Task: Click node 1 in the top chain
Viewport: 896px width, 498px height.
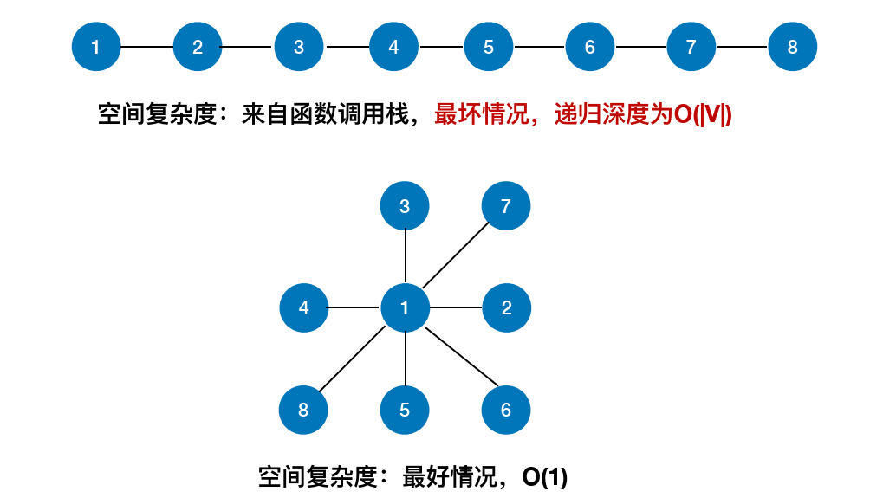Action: tap(95, 47)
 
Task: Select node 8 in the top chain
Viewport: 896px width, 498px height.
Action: tap(792, 47)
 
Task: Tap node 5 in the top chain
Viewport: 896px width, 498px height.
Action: tap(488, 47)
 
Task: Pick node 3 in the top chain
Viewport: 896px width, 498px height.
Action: tap(299, 47)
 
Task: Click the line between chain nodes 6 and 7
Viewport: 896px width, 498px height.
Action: tap(640, 47)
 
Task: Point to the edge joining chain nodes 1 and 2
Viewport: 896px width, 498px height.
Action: tap(146, 47)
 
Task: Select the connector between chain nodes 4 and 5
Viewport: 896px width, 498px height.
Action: tap(441, 47)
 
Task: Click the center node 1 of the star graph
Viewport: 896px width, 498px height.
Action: tap(405, 307)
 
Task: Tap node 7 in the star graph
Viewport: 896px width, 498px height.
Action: tap(506, 206)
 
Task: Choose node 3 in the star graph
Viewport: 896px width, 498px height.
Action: tap(405, 206)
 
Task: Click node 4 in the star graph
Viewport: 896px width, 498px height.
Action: tap(303, 307)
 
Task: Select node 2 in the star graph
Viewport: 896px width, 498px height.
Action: tap(506, 307)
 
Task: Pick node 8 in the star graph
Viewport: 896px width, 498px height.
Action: tap(303, 410)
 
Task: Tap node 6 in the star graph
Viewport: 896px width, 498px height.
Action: tap(506, 410)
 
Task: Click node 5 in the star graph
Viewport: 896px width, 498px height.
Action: tap(405, 410)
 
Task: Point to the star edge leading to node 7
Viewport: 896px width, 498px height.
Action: tap(456, 256)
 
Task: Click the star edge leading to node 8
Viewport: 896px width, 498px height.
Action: tap(354, 359)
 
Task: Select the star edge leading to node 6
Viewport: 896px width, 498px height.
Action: tap(462, 358)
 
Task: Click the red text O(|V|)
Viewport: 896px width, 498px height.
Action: tap(703, 115)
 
